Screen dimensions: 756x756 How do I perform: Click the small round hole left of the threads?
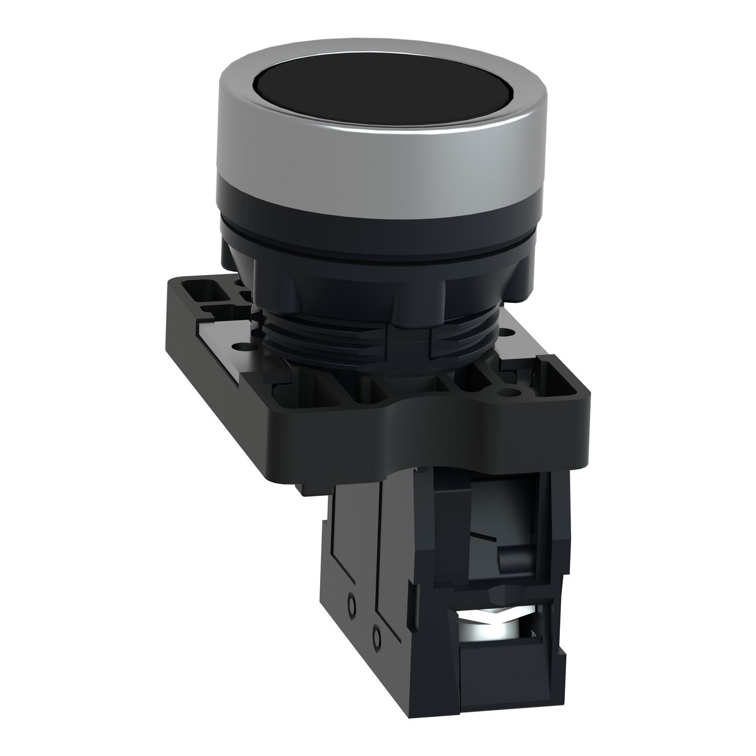click(238, 347)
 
